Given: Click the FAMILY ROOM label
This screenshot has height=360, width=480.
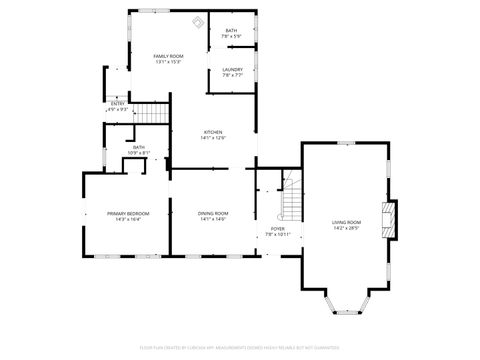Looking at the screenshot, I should click(x=168, y=56).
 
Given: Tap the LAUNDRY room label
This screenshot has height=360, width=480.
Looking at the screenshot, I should click(x=232, y=69).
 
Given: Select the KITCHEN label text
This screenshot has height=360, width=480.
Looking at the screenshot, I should click(x=214, y=132).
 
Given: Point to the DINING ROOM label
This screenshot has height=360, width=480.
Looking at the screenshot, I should click(x=214, y=213).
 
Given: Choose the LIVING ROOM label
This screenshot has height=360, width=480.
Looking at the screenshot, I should click(x=345, y=222).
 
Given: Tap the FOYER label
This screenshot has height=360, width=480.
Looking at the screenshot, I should click(x=277, y=228).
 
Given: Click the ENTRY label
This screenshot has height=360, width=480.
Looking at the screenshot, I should click(x=118, y=103).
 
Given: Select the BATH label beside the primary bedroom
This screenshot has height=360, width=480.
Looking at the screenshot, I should click(x=139, y=147).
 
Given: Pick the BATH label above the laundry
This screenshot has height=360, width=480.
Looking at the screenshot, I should click(x=232, y=31).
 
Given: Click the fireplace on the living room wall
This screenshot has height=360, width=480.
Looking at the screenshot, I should click(x=389, y=219).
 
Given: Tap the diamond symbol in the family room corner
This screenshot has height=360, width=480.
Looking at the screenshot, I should click(x=197, y=22).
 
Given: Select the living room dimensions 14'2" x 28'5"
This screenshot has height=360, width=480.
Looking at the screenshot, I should click(x=345, y=229).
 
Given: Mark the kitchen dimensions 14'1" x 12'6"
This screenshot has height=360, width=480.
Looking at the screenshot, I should click(x=214, y=138).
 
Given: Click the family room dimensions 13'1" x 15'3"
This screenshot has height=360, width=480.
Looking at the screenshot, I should click(x=168, y=62).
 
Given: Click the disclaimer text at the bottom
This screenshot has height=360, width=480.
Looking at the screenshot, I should click(x=240, y=349).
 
